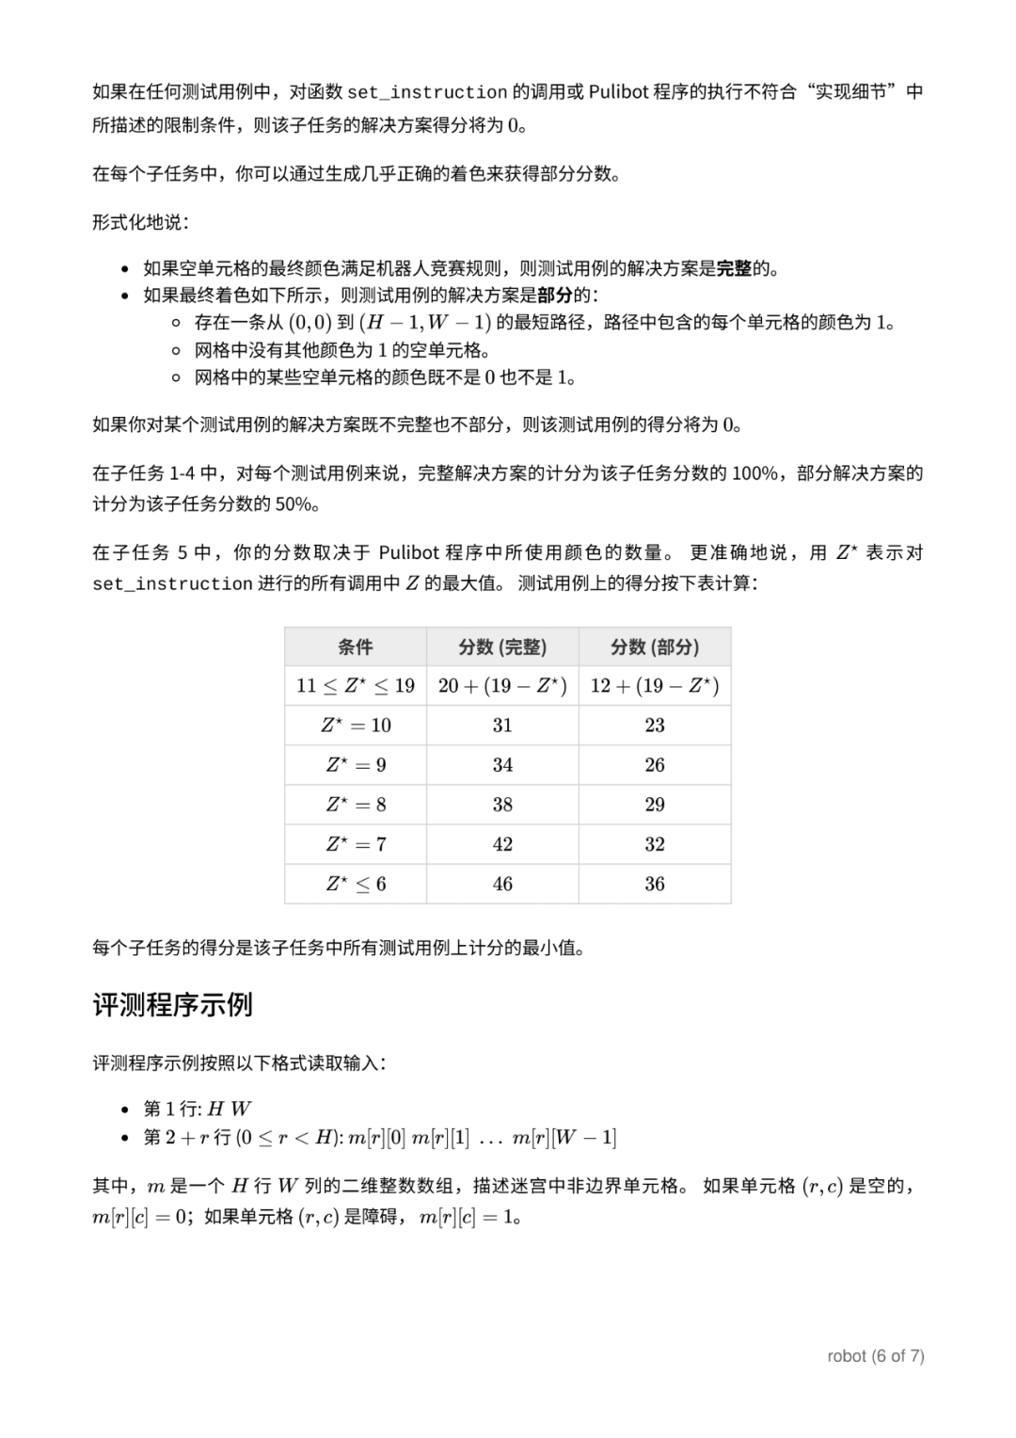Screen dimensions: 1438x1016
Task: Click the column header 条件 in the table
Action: [355, 647]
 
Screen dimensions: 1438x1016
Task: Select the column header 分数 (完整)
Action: [502, 647]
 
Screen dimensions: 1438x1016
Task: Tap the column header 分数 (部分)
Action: [655, 647]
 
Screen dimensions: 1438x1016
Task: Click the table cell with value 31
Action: [502, 725]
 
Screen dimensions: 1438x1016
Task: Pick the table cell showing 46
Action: [502, 884]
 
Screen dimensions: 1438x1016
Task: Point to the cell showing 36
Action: [655, 884]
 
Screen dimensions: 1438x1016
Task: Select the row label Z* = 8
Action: [355, 805]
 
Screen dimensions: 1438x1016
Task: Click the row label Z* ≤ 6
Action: [355, 884]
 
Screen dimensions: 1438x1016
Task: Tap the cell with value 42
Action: [502, 844]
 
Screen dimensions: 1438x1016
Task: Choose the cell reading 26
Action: [655, 765]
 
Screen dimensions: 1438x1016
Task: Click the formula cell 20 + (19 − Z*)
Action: [502, 685]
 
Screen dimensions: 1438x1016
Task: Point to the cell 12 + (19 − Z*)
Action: [655, 685]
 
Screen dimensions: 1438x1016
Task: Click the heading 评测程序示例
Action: [172, 1005]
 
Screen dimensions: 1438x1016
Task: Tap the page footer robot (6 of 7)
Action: [875, 1356]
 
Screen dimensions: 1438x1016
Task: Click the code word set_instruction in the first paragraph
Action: [427, 92]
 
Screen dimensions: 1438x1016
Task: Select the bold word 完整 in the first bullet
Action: [734, 268]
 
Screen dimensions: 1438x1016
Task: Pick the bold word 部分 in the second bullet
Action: [555, 295]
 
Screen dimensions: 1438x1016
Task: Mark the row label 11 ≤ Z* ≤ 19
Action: [355, 685]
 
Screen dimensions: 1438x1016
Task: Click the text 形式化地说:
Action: [140, 222]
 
